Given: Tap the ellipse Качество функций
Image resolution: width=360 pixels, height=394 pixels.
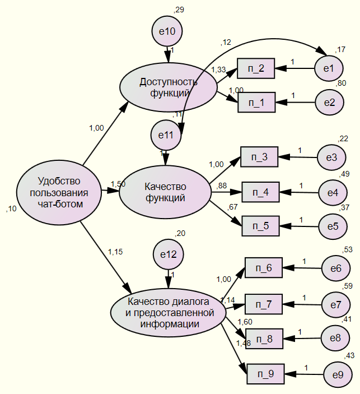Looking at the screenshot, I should click(x=165, y=192).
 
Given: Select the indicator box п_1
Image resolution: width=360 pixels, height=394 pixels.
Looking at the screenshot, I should click(x=256, y=103).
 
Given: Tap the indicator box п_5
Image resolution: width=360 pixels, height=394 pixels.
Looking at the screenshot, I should click(x=260, y=226).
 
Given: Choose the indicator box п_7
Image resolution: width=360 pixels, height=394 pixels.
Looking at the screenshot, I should click(x=264, y=304).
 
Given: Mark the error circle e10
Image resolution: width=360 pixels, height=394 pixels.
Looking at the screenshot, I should click(x=167, y=31).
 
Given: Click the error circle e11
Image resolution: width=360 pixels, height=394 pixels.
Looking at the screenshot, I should click(x=166, y=135).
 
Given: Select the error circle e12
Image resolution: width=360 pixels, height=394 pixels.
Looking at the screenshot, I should click(x=168, y=254).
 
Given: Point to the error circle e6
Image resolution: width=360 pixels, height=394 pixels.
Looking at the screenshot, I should click(x=336, y=268).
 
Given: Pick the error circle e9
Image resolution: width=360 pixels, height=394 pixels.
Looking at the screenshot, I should click(x=338, y=374).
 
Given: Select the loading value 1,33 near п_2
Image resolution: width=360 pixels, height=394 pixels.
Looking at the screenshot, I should click(x=218, y=69).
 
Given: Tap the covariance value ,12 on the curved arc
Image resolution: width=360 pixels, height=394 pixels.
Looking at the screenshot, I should click(x=226, y=43).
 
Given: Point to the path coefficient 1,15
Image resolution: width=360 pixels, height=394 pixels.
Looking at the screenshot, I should click(x=115, y=252).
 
